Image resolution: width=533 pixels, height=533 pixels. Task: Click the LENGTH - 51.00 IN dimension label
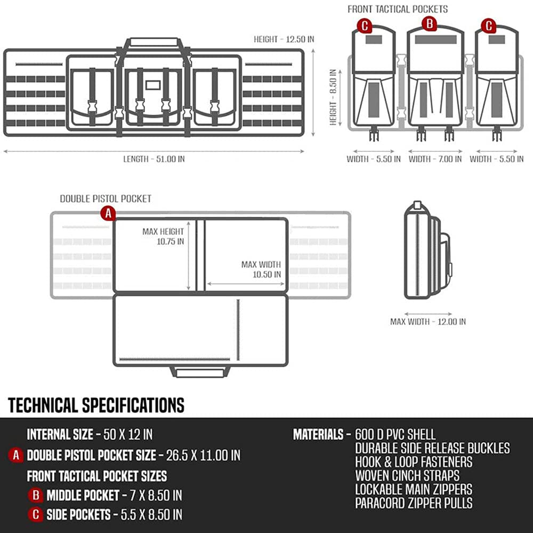point(157,158)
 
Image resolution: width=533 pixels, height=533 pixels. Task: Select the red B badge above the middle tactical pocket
point(429,23)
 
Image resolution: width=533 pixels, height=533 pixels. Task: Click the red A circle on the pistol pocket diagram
point(108,214)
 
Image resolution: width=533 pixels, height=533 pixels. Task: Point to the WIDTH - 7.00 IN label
point(435,159)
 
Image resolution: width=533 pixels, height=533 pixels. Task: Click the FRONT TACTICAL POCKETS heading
point(398,9)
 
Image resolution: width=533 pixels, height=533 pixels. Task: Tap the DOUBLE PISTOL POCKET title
point(106,199)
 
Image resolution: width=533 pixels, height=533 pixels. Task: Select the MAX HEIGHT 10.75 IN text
point(163,236)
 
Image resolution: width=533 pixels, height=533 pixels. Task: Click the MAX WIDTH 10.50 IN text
point(261,269)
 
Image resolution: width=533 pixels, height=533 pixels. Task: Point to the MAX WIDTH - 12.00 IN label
point(428,321)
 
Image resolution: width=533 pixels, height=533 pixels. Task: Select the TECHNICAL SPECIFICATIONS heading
point(96,405)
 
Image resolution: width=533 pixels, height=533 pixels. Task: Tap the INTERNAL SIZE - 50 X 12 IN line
point(90,434)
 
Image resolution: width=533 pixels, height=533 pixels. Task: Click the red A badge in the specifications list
point(17,455)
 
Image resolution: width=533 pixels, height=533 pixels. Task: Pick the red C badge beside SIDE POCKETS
point(36,514)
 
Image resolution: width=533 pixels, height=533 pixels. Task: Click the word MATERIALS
point(318,434)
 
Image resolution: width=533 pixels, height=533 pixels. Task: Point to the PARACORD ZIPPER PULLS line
point(414,503)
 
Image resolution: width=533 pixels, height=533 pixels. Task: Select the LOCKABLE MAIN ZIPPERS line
point(414,489)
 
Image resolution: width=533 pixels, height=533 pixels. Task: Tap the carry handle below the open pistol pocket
point(200,372)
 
